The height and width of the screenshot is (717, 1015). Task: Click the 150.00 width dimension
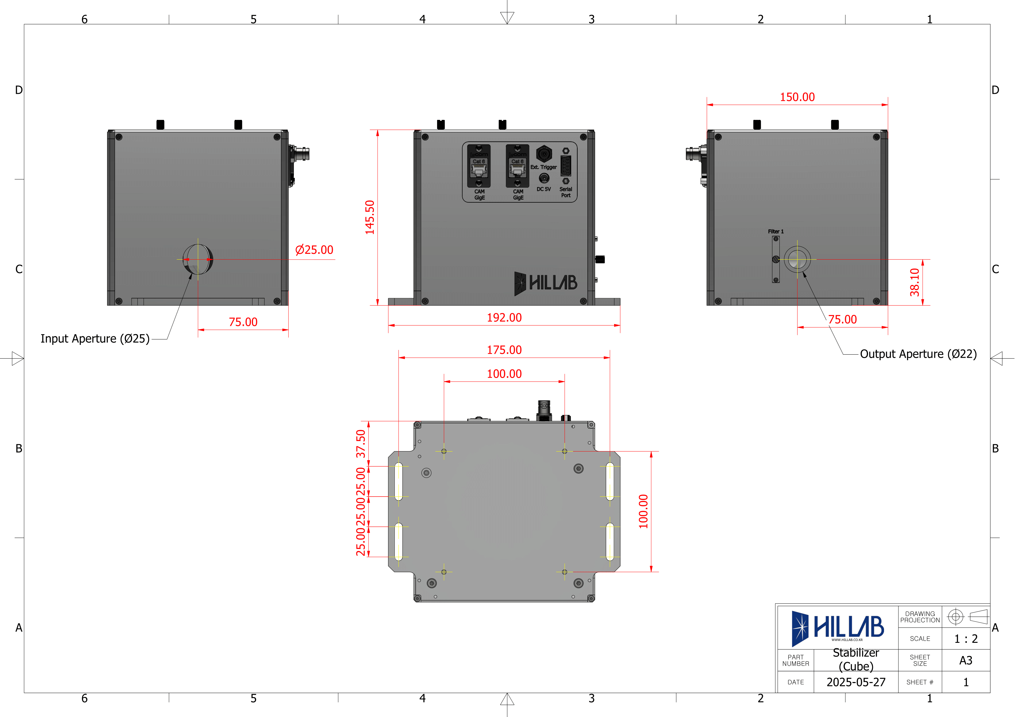[797, 97]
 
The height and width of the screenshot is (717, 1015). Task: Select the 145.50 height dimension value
[370, 217]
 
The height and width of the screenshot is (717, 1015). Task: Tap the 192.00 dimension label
[504, 317]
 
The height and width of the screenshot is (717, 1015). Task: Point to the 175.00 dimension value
[504, 349]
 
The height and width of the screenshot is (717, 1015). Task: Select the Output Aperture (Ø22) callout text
[918, 354]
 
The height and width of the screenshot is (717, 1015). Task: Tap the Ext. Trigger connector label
[543, 167]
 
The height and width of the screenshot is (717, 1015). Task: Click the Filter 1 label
[775, 231]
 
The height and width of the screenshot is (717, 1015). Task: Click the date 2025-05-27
[855, 682]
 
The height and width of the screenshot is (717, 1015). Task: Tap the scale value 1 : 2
[966, 639]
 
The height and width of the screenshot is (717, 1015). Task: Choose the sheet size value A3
[966, 661]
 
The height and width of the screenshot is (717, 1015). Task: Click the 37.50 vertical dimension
[361, 444]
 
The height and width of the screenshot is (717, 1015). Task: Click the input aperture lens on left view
[198, 259]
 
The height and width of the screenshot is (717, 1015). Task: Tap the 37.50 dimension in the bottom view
[361, 444]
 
